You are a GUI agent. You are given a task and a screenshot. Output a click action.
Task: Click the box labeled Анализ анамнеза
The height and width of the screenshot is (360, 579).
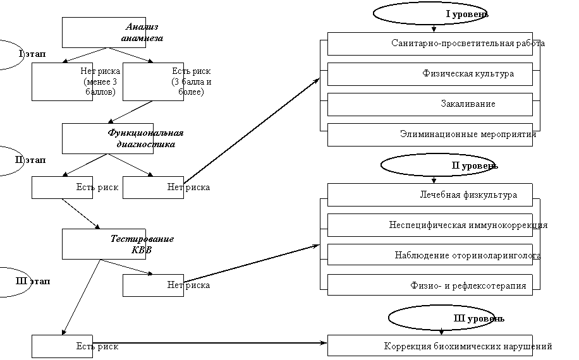(x=104, y=32)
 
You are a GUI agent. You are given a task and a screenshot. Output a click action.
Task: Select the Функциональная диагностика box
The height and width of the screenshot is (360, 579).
(x=107, y=139)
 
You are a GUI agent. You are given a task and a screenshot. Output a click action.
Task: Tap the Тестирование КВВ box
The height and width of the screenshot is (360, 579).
(x=104, y=244)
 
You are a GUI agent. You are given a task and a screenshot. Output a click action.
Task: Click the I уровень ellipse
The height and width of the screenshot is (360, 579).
(x=430, y=14)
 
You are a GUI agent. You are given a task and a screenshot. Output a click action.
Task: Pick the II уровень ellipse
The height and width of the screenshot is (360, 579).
(x=437, y=165)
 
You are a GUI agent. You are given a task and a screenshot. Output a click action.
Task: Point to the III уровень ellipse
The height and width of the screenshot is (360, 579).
(x=442, y=318)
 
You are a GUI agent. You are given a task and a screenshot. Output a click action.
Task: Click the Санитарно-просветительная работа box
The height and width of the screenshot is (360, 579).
(x=430, y=44)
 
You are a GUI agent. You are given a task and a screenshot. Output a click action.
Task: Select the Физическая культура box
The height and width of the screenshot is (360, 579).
(x=430, y=74)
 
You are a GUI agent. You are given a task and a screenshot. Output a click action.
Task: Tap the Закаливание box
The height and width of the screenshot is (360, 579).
(x=430, y=104)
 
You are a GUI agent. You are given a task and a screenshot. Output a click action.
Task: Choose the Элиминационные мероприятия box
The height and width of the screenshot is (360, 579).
(x=430, y=135)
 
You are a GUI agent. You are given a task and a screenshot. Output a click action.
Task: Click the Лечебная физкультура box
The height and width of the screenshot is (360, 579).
(x=430, y=195)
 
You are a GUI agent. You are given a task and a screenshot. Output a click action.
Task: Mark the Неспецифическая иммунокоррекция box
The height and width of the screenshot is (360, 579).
(x=430, y=225)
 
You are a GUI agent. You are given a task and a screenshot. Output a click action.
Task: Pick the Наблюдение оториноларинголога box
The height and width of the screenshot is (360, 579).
(x=430, y=255)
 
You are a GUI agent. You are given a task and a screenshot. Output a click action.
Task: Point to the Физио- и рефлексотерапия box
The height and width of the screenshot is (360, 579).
(x=430, y=285)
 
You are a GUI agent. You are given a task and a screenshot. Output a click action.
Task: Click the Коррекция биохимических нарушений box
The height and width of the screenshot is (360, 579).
(x=430, y=345)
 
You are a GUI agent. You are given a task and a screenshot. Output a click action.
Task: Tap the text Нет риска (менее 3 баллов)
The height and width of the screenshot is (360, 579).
(x=100, y=81)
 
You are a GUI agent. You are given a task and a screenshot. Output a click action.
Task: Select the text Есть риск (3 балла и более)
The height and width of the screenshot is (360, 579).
(x=192, y=81)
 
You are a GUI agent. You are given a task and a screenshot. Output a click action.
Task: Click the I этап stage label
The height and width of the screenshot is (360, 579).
(x=32, y=54)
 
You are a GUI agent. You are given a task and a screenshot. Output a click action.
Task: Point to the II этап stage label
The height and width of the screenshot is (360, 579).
(x=30, y=160)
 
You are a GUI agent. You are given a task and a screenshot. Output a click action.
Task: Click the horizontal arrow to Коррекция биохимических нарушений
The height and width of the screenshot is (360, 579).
(x=209, y=343)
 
